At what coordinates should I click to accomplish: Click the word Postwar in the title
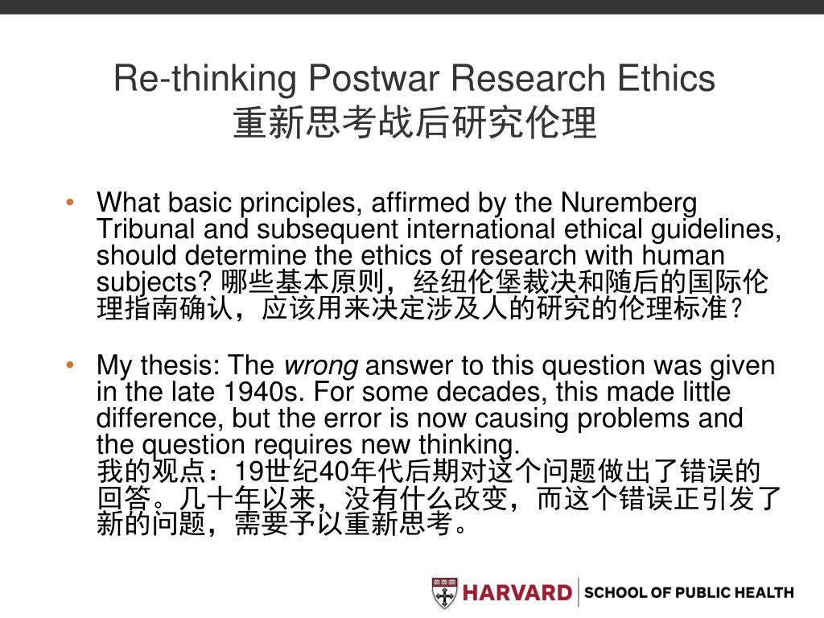click(374, 79)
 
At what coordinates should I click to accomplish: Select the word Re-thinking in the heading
click(205, 79)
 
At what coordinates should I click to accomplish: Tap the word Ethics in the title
click(665, 79)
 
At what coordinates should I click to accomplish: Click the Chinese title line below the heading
click(414, 124)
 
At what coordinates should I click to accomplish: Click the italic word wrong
click(321, 366)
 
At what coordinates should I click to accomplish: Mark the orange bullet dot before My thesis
click(71, 366)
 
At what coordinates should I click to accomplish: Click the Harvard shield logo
click(444, 593)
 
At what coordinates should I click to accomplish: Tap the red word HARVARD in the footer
click(516, 593)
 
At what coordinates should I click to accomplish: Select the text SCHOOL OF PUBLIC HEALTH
click(688, 593)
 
